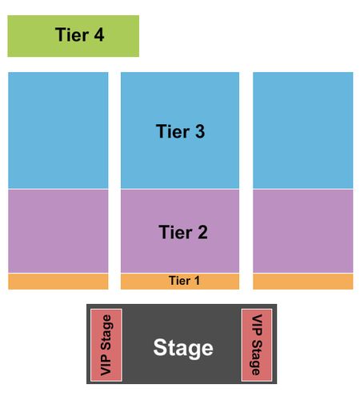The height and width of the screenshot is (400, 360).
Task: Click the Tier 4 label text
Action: coord(79,34)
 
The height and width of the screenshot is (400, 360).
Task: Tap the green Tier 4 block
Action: coord(74,36)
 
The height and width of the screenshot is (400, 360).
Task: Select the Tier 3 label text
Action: coord(180,131)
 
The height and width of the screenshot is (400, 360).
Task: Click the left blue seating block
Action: coord(58,130)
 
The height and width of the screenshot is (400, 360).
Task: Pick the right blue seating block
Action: coord(303,130)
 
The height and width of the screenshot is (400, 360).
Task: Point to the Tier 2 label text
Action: coord(183,232)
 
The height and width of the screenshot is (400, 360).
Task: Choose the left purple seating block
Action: coord(58,231)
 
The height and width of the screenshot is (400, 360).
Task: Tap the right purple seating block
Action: coord(303,231)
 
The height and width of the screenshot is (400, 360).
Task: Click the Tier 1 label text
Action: coord(184,281)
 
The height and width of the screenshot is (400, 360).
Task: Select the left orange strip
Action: coord(58,282)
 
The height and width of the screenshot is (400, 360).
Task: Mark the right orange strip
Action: coord(303,282)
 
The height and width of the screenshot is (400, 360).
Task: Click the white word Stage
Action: coord(183,348)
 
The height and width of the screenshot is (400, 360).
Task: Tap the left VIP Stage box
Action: coord(106,345)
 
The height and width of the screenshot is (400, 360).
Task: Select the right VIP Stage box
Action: coord(257,345)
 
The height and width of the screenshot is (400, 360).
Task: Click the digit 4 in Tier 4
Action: coord(98,34)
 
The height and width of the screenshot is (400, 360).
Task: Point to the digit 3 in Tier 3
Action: coord(200,131)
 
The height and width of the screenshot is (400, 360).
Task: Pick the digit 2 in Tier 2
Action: coord(202,232)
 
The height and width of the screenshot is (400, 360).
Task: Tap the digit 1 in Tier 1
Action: coord(197,281)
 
